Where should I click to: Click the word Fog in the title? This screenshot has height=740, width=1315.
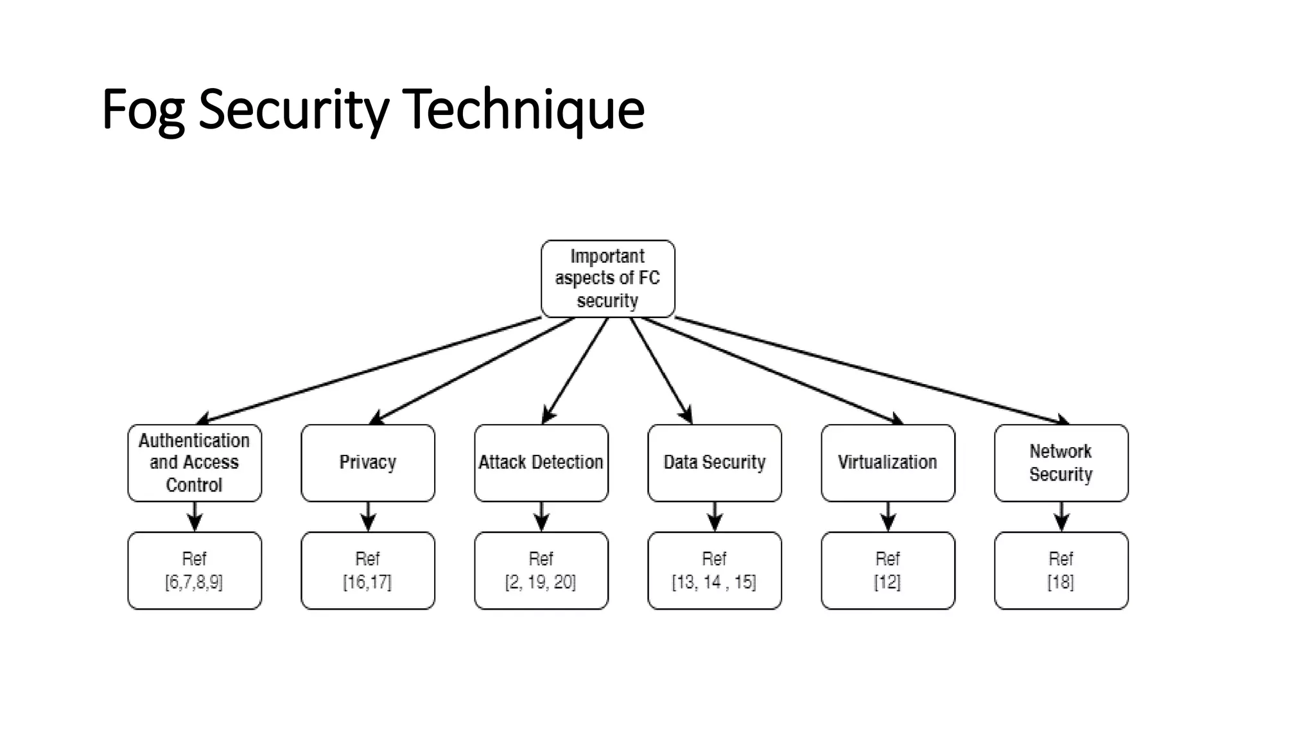pos(143,110)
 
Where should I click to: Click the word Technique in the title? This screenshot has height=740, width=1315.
pos(523,109)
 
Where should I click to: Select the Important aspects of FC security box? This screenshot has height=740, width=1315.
pos(607,278)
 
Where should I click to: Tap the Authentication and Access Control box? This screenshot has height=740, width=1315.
pos(195,463)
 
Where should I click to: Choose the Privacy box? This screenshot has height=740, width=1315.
pos(368,463)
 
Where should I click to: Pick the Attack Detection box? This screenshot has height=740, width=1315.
pos(541,463)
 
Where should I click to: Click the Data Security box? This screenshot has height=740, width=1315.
pos(715,463)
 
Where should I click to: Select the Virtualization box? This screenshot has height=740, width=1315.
pos(888,463)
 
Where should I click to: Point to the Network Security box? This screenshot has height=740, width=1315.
pos(1061,463)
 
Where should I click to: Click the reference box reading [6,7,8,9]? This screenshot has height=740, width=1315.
pos(195,570)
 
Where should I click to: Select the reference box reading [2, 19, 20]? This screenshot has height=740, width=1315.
pos(541,570)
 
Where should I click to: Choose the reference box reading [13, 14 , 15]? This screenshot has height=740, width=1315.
pos(715,570)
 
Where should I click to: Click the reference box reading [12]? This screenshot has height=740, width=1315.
pos(888,570)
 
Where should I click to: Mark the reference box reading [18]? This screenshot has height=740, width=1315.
pos(1061,570)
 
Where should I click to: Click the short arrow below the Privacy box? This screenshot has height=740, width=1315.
pos(368,517)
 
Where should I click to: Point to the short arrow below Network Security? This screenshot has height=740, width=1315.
pos(1061,517)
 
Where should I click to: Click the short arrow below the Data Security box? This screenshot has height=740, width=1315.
pos(715,517)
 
